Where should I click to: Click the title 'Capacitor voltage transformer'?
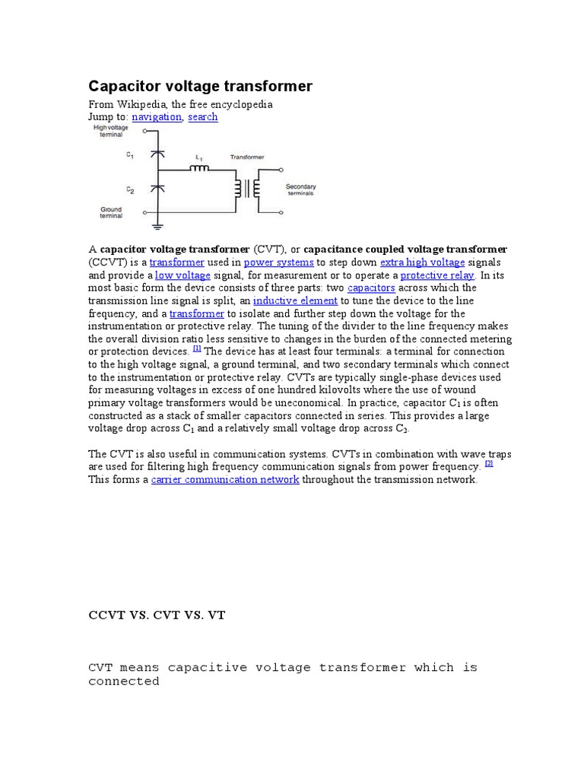[201, 86]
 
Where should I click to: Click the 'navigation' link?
[157, 117]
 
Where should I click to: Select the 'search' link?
[202, 117]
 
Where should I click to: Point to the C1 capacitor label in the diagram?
[130, 155]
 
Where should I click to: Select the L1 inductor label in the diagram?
[199, 157]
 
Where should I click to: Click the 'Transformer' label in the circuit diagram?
[247, 157]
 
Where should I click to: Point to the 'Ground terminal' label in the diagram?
[111, 212]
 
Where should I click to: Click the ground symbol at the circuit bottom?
[157, 225]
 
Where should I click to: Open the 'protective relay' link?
[437, 275]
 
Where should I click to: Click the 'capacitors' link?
[371, 288]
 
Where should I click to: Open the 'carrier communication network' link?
[225, 480]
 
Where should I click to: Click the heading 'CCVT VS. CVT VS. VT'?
[157, 615]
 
